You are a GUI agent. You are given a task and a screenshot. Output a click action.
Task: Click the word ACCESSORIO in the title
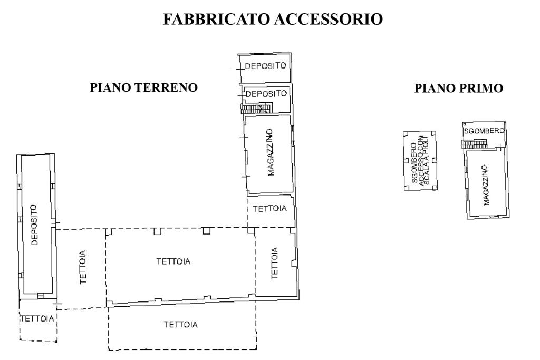click(x=329, y=19)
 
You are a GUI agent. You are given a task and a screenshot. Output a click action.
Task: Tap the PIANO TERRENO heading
click(x=144, y=87)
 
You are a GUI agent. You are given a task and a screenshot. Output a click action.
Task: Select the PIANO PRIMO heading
click(x=459, y=88)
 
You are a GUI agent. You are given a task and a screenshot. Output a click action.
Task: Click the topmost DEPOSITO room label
click(x=266, y=66)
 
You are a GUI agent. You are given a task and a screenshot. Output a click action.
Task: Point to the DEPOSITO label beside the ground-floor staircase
click(x=266, y=94)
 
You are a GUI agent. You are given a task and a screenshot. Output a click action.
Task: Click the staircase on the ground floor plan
click(x=256, y=109)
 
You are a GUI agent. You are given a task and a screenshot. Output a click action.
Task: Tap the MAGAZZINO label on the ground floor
click(x=271, y=152)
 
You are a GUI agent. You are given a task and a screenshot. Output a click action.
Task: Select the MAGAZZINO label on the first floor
click(x=486, y=185)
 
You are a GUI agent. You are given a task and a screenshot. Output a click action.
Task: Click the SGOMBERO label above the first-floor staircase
click(x=484, y=131)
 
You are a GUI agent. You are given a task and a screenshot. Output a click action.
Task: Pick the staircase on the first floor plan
click(x=474, y=144)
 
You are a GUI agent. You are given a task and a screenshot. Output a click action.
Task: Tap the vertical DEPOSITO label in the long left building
click(x=34, y=225)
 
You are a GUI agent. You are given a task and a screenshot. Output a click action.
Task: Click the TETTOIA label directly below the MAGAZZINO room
click(x=269, y=209)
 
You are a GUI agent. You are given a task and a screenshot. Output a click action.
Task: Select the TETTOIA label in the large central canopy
click(x=173, y=261)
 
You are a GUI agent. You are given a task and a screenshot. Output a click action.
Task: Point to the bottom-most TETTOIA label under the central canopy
click(x=180, y=325)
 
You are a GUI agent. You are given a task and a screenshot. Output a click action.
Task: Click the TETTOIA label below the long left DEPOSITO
click(x=37, y=319)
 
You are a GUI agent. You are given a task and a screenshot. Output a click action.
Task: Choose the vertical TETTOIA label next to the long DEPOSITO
click(x=83, y=267)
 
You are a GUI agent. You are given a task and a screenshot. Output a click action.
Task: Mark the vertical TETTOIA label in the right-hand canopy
click(x=274, y=264)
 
